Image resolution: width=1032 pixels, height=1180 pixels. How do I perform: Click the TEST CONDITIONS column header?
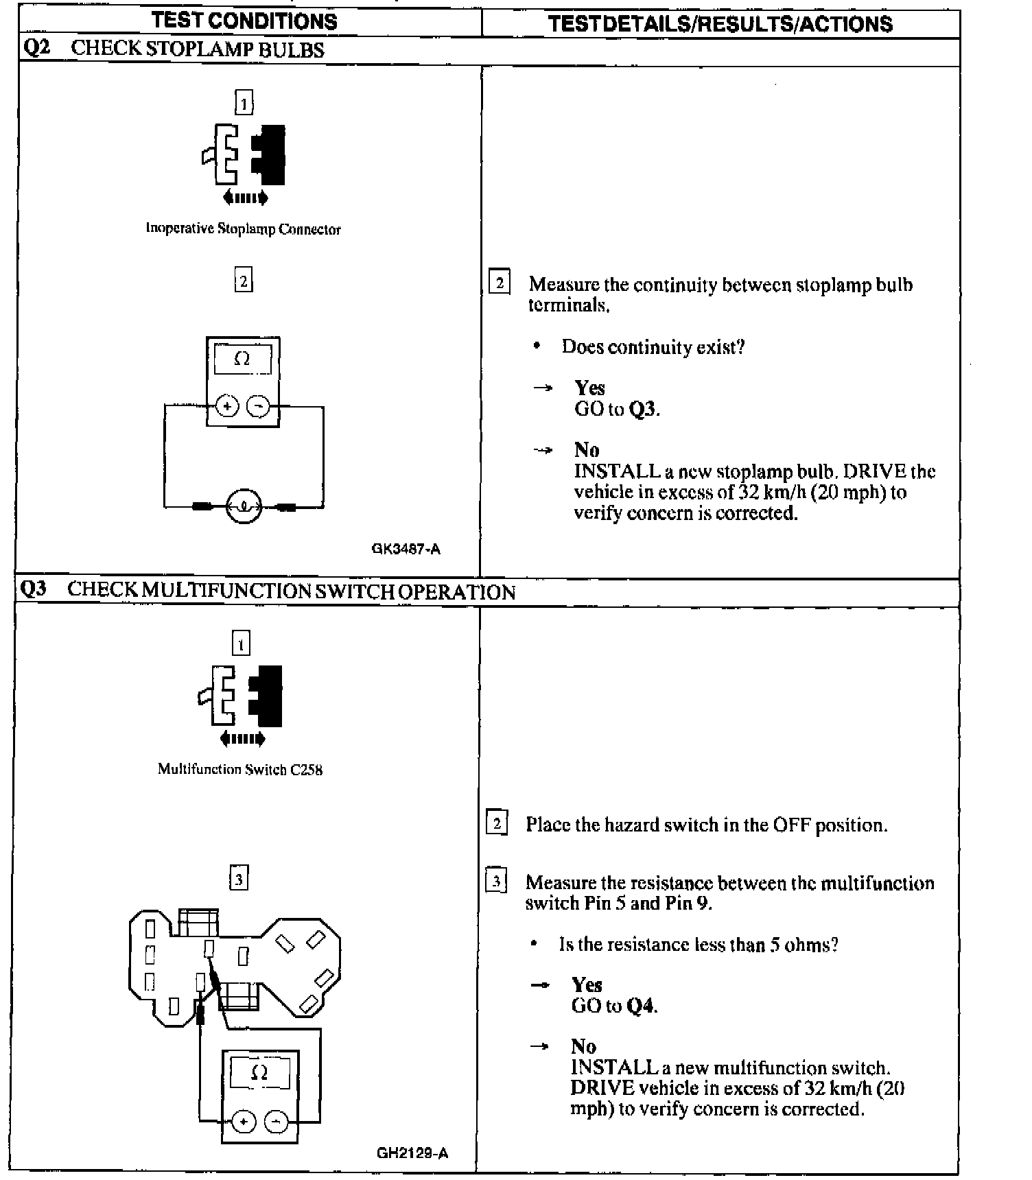coord(244,21)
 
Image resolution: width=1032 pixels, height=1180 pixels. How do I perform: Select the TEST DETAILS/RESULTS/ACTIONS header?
coord(720,24)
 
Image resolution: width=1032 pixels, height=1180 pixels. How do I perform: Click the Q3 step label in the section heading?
coord(34,590)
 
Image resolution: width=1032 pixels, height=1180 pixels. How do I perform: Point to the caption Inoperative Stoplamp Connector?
coord(243,229)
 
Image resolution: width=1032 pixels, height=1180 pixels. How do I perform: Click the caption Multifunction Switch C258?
coord(240,769)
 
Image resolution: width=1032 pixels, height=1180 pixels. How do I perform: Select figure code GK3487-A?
coord(406,549)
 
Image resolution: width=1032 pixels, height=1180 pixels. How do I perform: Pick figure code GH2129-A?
coord(412,1153)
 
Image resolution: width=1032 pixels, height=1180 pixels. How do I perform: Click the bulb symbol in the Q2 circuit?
coord(244,507)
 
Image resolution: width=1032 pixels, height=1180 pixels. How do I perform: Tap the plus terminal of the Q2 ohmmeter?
coord(227,406)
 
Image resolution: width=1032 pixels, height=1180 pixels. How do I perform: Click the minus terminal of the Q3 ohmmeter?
coord(276,1122)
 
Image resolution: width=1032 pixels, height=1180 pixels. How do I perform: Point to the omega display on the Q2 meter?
coord(242,358)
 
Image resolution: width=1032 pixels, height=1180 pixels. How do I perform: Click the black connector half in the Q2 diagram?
coord(270,154)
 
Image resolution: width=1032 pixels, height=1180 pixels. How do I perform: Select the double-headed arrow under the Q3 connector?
coord(242,739)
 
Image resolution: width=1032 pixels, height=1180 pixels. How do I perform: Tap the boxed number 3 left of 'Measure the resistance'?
coord(496,880)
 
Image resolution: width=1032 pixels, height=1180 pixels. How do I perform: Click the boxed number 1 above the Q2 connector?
coord(244,102)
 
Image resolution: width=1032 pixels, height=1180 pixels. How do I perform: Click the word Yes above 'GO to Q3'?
coord(589,388)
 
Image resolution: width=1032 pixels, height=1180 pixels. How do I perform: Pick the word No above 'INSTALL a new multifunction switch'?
coord(583,1046)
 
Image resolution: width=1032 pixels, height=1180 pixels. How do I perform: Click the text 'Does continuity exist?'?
coord(653,347)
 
